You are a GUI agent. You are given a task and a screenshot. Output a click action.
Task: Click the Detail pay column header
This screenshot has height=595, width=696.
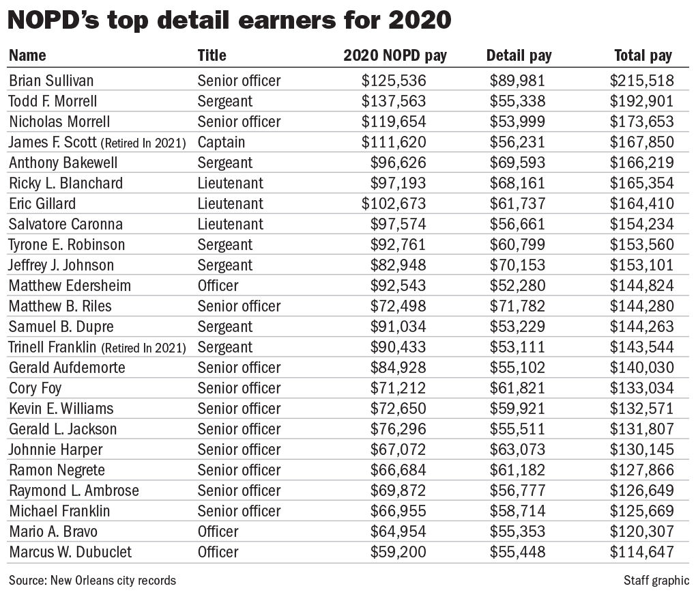(519, 55)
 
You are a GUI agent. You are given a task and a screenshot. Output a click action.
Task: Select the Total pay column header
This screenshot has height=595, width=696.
(643, 55)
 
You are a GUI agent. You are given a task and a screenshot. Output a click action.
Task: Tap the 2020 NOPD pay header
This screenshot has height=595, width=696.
(394, 55)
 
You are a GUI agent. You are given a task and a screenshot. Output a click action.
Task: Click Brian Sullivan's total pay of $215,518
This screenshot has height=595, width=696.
(642, 81)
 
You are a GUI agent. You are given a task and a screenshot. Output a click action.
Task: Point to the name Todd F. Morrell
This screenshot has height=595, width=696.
(53, 101)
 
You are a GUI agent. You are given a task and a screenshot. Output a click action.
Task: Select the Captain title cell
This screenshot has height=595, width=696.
(221, 142)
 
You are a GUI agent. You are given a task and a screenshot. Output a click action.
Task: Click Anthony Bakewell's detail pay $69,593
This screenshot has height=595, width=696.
(517, 163)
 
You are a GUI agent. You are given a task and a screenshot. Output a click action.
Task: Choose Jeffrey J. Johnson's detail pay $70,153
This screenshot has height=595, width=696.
(517, 265)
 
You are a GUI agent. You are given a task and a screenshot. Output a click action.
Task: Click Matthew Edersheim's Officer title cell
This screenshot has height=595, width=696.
(218, 286)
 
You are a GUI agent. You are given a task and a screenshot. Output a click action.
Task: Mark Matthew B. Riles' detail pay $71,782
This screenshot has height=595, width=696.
(517, 306)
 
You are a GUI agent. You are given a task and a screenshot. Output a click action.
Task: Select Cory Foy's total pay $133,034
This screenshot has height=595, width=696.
(642, 388)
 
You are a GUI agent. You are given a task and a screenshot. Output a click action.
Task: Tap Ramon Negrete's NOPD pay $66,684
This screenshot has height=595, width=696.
(398, 470)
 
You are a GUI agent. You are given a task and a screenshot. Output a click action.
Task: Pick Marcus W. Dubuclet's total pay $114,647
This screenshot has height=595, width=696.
(642, 552)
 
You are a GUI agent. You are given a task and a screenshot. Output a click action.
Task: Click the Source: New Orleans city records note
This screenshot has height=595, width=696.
(92, 581)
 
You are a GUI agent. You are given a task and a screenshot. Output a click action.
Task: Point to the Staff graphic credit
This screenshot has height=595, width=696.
(656, 581)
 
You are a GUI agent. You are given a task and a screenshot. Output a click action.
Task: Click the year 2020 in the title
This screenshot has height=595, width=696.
(418, 20)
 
